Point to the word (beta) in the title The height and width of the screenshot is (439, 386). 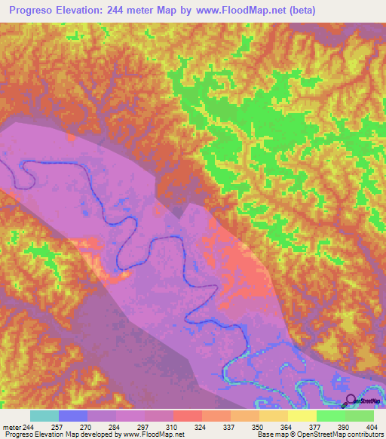pos(299,11)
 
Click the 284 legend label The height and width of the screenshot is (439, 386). pos(116,428)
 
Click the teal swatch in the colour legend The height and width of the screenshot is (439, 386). pos(44,416)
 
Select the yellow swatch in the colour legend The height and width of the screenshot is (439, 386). pos(302,416)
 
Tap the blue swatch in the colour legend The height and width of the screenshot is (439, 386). pos(73,416)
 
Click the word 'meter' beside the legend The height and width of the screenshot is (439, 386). pos(11,428)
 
